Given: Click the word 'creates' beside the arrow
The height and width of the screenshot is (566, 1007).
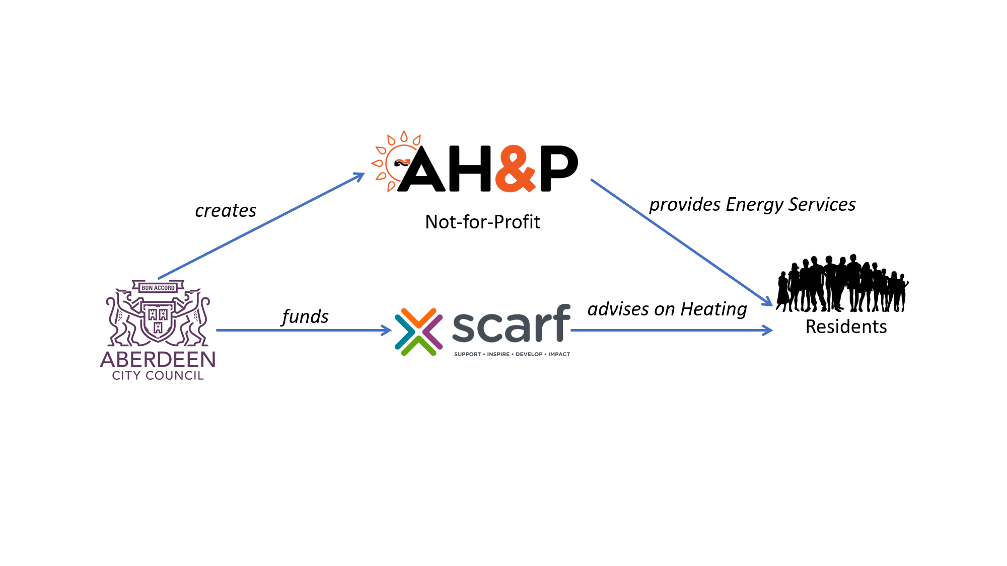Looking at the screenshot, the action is tap(226, 210).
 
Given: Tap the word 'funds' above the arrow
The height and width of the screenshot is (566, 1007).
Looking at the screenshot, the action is tap(305, 316).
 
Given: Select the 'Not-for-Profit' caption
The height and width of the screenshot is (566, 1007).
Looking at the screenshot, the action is tap(482, 222).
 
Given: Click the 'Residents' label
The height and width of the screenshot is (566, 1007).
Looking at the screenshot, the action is tap(846, 327).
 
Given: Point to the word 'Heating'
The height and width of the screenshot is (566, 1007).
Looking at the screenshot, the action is tap(713, 309).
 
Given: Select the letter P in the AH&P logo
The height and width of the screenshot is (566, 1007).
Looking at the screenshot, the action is tap(559, 169).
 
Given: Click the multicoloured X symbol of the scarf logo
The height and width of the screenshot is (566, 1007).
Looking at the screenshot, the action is tap(418, 332).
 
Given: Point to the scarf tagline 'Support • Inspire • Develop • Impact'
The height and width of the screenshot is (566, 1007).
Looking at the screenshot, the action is tap(512, 354).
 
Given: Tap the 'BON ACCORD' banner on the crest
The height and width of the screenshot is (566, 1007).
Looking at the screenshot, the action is tap(158, 288).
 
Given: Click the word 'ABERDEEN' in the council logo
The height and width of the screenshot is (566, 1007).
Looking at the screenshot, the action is tap(158, 360).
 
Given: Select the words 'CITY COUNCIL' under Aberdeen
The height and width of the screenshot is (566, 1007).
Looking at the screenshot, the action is tap(158, 376).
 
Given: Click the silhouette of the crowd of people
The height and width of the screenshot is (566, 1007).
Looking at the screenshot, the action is tap(842, 283).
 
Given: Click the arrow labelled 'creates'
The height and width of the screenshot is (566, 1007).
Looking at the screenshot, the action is tap(261, 226).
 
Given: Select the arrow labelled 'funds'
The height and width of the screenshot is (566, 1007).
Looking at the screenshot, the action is tap(304, 331).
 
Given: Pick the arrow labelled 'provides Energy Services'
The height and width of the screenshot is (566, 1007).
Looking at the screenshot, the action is tap(682, 242).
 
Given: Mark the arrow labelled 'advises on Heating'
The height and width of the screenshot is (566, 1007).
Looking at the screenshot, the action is tap(672, 331).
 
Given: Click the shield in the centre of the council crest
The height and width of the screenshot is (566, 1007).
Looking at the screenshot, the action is tap(158, 321).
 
